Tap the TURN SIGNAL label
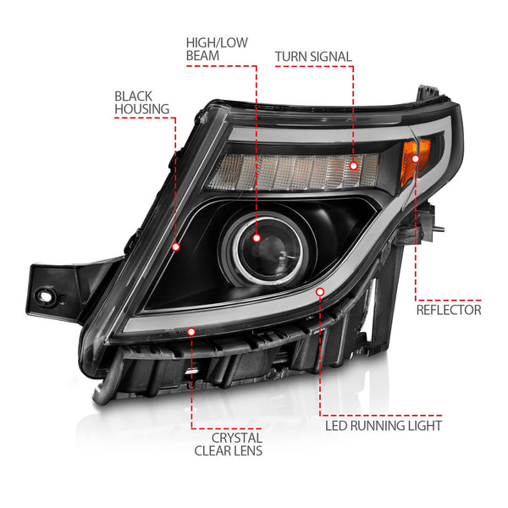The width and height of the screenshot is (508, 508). pos(313,57)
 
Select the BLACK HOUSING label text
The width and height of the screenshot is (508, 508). pos(141,102)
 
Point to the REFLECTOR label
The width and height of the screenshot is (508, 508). pos(449,310)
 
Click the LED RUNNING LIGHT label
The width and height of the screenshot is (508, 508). pos(384,426)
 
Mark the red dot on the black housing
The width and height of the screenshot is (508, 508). pos(176,247)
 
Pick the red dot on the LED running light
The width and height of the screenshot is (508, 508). pos(320,291)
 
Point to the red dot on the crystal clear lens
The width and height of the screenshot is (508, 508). pos(191,332)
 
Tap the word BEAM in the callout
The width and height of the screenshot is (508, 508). pos(202,56)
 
